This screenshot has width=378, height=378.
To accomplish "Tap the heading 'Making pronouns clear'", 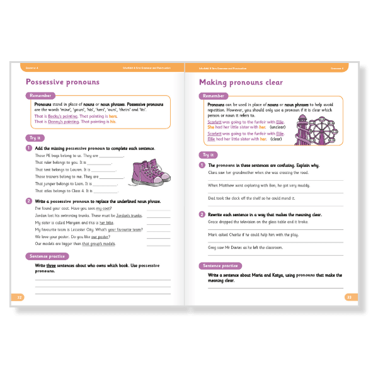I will tap(241, 82).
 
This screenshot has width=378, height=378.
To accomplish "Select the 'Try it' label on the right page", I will tap(208, 154).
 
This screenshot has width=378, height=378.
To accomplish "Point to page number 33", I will tap(348, 296).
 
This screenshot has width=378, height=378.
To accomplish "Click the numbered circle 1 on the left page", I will tap(29, 149).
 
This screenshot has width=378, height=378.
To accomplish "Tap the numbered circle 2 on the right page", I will tap(203, 214).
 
